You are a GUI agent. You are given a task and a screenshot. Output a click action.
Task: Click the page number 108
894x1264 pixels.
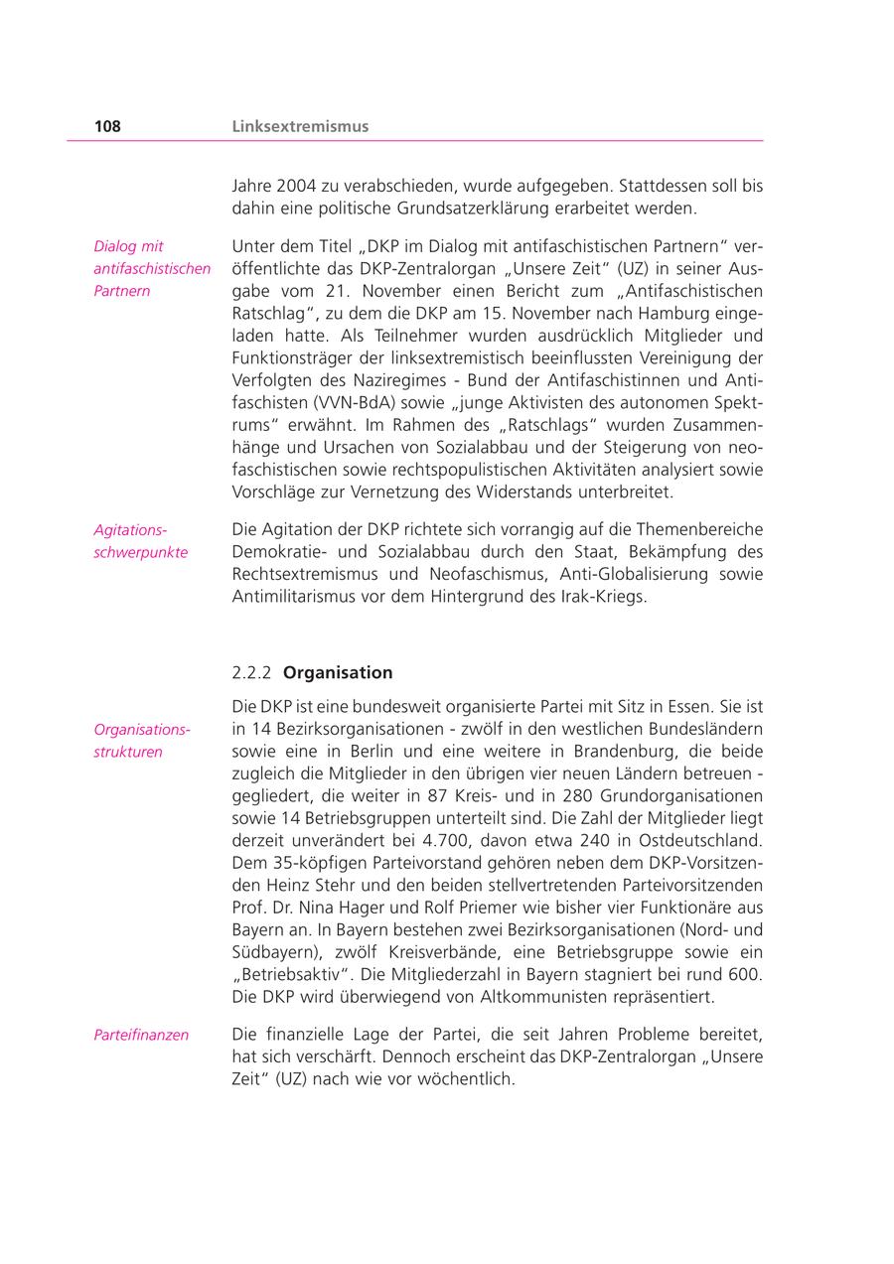(x=107, y=126)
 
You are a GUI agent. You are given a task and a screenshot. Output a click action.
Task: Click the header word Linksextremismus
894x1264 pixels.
(x=300, y=126)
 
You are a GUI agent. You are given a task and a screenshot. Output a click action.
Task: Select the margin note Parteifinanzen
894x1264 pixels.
(x=141, y=1035)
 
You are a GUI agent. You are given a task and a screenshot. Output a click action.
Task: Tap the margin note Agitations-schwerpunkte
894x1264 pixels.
(x=140, y=541)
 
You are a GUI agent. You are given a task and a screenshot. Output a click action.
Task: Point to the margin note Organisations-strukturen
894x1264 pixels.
(x=142, y=741)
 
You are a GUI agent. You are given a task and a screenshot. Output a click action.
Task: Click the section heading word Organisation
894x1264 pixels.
(x=338, y=672)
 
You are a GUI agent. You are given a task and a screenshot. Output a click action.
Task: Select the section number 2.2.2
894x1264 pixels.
(x=251, y=672)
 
